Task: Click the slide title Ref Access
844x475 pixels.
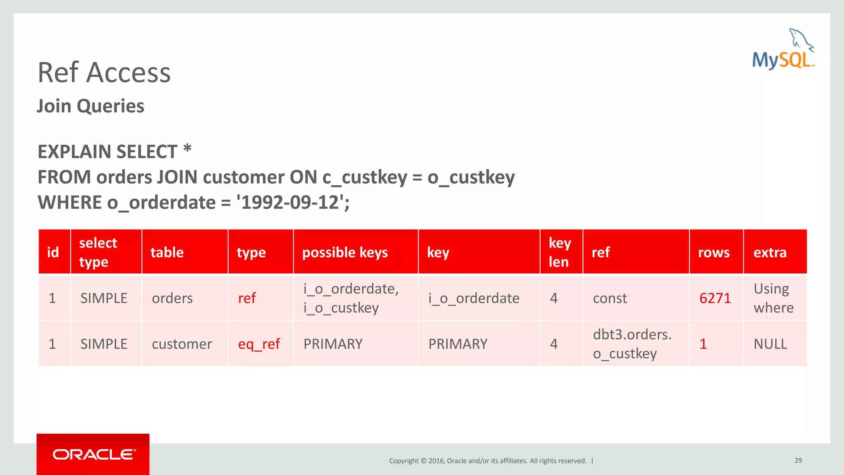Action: coord(104,73)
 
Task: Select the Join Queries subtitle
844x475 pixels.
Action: coord(91,106)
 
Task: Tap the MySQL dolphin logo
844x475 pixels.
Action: coord(783,49)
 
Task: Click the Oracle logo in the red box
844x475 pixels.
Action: coord(94,454)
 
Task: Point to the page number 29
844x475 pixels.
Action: coord(798,460)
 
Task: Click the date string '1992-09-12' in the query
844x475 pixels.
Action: coord(290,202)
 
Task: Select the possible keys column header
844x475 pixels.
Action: coord(345,252)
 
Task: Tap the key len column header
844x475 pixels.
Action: coord(559,252)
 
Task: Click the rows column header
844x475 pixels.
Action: coord(713,252)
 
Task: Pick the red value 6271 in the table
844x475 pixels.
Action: coord(715,298)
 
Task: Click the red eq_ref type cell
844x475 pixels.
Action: coord(259,344)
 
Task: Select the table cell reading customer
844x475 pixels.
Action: coord(182,344)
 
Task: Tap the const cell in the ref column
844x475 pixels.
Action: coord(610,298)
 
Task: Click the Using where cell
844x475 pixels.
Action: coord(773,298)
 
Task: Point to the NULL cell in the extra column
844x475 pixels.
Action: coord(770,344)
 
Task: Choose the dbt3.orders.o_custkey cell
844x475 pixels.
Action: coord(632,344)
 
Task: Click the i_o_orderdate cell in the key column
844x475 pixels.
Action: coord(474,298)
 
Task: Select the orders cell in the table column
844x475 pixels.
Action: coord(172,298)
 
